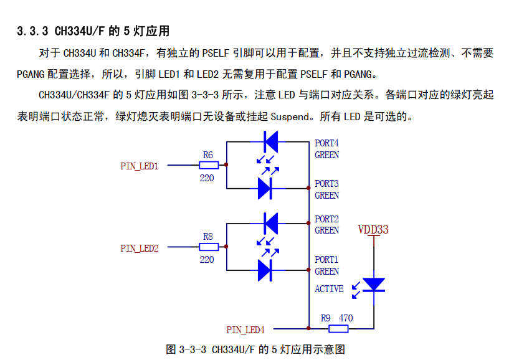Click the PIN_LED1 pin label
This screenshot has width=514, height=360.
[x=140, y=166]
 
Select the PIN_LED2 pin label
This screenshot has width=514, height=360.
[x=140, y=249]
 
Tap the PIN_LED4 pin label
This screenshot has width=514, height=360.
[x=245, y=330]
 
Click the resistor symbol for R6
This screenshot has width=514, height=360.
[x=209, y=165]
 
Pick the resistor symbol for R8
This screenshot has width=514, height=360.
[x=209, y=247]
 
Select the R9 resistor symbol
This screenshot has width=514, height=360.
[x=338, y=329]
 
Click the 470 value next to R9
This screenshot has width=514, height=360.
[x=346, y=318]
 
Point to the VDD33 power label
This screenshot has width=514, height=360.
[x=373, y=230]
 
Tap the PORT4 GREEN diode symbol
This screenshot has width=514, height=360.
[x=271, y=142]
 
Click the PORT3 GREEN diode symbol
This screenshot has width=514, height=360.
[x=265, y=189]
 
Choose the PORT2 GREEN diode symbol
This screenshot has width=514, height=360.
[x=271, y=224]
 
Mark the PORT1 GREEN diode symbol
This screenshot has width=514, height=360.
[x=265, y=270]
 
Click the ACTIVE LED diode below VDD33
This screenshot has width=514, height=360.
[x=374, y=285]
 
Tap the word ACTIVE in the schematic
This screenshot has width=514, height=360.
[x=329, y=289]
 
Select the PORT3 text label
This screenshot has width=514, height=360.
[x=327, y=184]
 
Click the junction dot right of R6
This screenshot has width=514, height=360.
[x=226, y=165]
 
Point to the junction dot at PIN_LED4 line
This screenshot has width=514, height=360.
[x=308, y=328]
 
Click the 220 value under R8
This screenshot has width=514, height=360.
[x=207, y=260]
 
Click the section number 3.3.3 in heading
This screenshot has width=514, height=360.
[x=32, y=31]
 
